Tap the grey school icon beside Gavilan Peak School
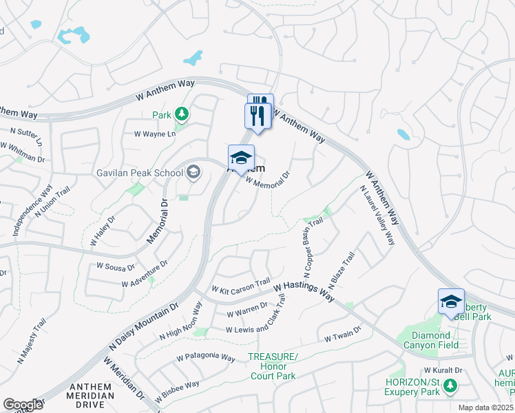point(193,172)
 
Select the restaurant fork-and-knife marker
point(259,114)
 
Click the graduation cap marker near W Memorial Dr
point(241,158)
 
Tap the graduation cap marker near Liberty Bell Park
point(451,302)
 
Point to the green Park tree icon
point(182,113)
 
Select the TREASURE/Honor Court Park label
point(273,366)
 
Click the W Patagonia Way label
point(207,357)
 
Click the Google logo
point(23,405)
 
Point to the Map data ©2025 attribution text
point(485,407)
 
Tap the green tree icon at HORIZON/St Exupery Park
point(451,386)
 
